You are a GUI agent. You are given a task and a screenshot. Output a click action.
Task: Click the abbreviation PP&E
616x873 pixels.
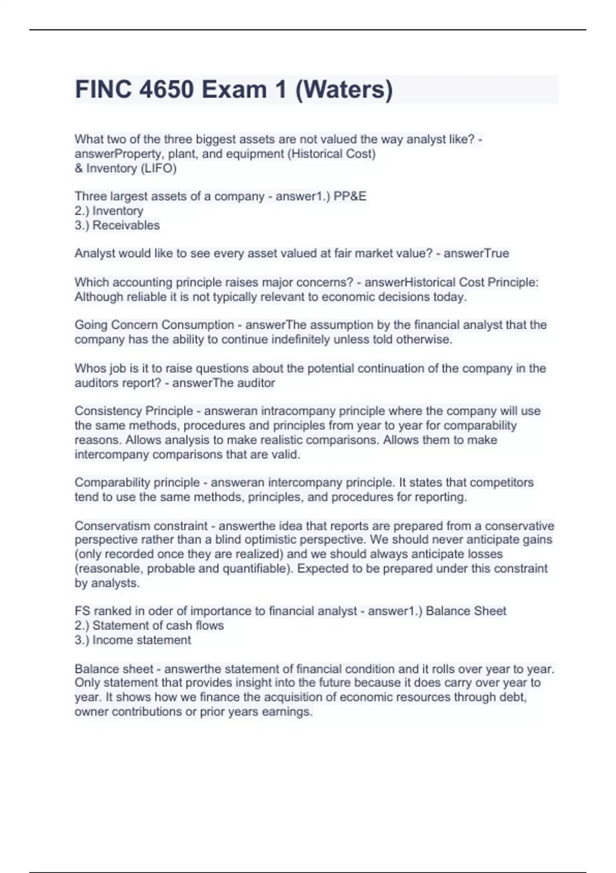350,196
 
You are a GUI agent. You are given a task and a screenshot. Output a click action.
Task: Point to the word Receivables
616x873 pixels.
126,225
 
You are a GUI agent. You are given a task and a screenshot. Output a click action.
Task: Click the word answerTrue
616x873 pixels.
476,253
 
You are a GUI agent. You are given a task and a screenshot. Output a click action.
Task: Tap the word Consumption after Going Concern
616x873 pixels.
198,325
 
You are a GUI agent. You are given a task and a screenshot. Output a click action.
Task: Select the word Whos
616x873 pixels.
89,368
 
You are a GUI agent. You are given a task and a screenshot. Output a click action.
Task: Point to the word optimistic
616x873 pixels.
270,540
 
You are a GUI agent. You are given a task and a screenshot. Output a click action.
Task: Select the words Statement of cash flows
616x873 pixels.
158,625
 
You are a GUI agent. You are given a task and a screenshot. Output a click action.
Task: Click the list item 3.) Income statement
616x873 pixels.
133,640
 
